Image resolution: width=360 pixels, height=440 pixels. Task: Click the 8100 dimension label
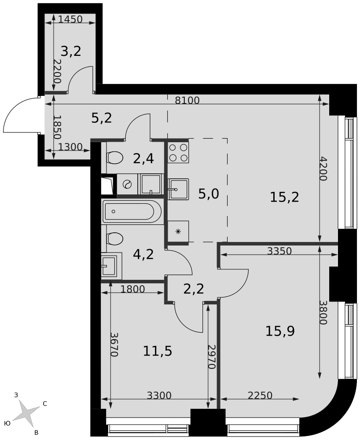click(187, 100)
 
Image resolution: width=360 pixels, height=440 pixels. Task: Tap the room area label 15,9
click(280, 331)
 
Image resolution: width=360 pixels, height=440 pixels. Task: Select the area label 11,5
click(158, 351)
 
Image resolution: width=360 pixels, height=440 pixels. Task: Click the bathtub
click(132, 211)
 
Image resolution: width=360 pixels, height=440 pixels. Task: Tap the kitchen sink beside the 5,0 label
click(178, 189)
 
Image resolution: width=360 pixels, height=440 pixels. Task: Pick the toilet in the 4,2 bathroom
click(114, 239)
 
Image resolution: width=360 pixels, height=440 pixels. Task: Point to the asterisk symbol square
click(178, 231)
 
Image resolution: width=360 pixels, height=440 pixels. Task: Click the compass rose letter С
click(44, 404)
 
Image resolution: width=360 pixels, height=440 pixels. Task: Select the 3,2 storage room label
click(71, 51)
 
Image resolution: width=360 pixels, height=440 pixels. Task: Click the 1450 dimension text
click(70, 19)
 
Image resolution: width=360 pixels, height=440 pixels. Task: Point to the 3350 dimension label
click(279, 251)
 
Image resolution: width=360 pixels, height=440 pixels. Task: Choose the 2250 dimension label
click(260, 396)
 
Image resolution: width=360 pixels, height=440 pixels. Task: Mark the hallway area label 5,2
click(102, 118)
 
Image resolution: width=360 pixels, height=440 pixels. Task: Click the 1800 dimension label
click(132, 289)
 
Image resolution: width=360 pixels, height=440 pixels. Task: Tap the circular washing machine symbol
click(127, 184)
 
